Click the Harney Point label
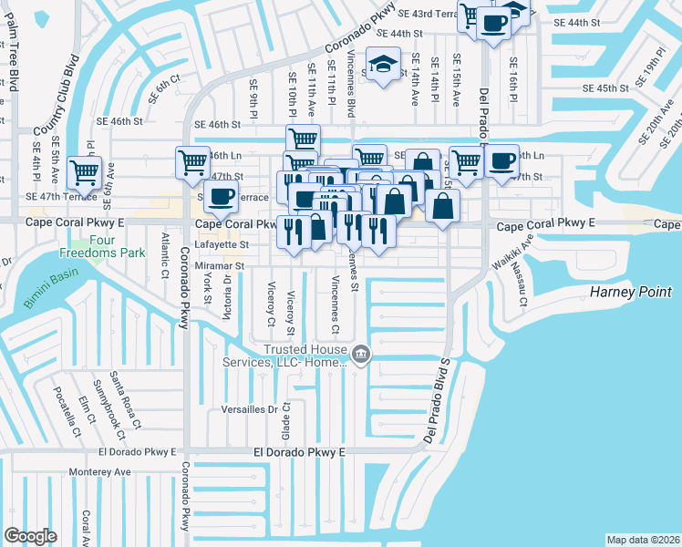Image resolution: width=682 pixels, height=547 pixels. tap(631, 292)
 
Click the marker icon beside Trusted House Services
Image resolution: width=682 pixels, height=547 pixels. tap(361, 354)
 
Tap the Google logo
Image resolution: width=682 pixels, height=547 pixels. tap(30, 535)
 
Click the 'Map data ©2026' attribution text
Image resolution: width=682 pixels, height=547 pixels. tap(643, 540)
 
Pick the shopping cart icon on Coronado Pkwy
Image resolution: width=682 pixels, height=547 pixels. tap(192, 162)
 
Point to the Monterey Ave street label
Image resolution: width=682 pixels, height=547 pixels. tap(100, 471)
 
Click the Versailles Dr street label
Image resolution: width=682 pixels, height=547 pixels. tap(249, 410)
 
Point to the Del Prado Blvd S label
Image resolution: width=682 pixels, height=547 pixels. tap(438, 401)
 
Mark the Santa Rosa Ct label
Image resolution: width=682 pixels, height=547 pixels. tap(125, 398)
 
